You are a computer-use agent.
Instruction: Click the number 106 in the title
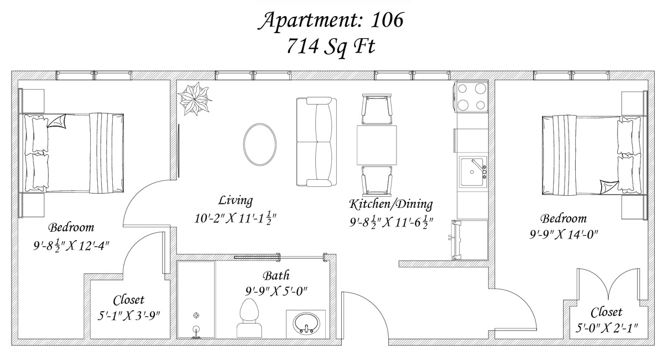tap(387, 20)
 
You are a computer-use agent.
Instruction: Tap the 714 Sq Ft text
tap(331, 47)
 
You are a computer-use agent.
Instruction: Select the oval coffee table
tap(259, 144)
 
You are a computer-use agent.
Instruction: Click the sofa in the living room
tap(316, 142)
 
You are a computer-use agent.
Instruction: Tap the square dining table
tap(377, 145)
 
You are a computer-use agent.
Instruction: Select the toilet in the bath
tap(249, 318)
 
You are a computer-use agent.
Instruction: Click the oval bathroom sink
tap(307, 324)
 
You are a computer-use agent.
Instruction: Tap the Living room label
tap(236, 200)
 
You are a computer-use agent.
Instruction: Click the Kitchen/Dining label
tap(391, 204)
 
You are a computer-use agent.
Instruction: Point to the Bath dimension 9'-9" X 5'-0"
tap(276, 291)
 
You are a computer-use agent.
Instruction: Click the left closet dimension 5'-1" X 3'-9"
tap(129, 315)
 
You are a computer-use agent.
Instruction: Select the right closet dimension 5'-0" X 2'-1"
tap(607, 328)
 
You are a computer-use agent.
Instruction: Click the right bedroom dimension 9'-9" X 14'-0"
tap(564, 234)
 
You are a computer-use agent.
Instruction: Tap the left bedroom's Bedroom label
tap(71, 227)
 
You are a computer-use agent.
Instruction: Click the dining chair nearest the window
tap(377, 109)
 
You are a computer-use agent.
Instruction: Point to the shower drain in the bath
tap(196, 315)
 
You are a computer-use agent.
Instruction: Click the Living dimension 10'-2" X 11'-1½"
tap(235, 218)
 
